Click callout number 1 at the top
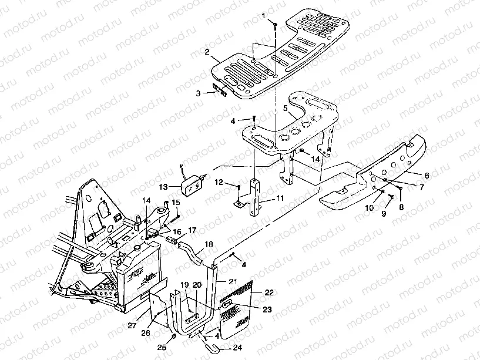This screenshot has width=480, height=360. (x=263, y=14)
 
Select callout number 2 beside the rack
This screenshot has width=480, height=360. (x=207, y=52)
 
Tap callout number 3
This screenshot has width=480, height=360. (x=199, y=93)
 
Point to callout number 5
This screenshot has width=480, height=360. (x=285, y=109)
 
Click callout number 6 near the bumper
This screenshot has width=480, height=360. (x=427, y=176)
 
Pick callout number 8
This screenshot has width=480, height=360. (x=402, y=207)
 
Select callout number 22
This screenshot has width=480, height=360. (x=269, y=292)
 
